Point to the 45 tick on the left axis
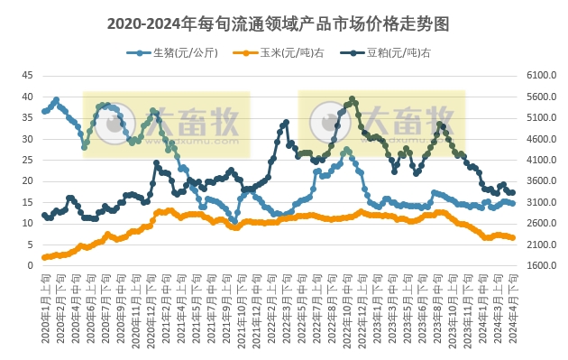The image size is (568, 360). coord(27,76)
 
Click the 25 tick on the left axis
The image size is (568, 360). coord(27,160)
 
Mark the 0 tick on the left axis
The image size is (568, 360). coord(30,266)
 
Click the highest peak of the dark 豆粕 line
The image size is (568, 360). coord(352,98)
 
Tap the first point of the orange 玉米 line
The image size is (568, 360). coord(44,257)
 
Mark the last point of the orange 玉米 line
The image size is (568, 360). coord(513,238)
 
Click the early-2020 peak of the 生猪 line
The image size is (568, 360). coord(56,100)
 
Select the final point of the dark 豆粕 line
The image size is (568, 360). coord(513,192)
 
